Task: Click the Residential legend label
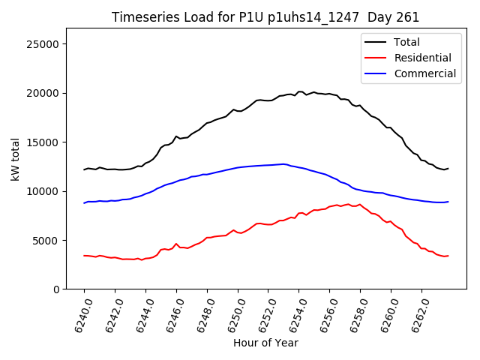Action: coord(422,58)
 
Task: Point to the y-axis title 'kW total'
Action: coord(16,159)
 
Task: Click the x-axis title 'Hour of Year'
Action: coord(265,343)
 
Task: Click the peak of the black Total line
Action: coord(300,91)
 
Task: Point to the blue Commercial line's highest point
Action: coord(283,163)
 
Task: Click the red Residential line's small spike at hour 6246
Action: coord(176,244)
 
